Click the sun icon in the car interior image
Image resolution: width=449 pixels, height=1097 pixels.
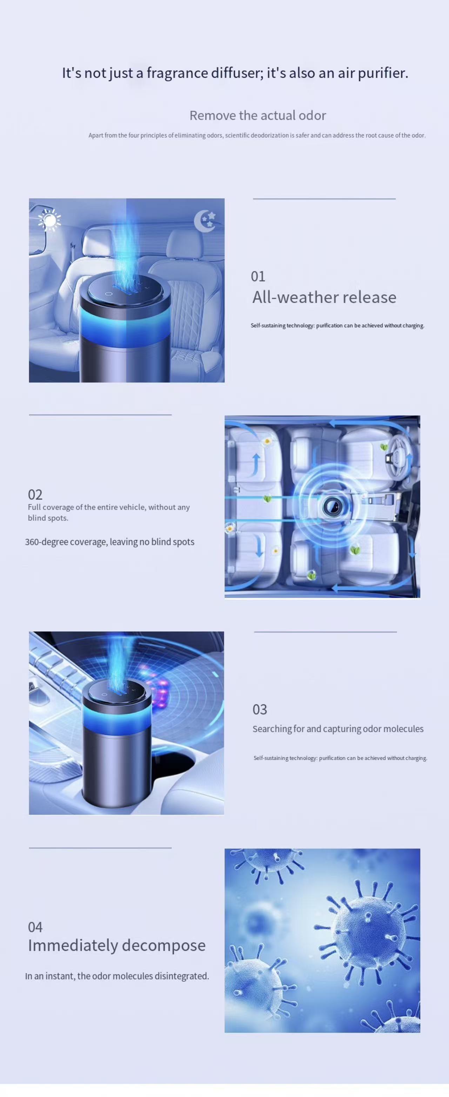(49, 220)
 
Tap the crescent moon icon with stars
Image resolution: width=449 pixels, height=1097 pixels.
(205, 221)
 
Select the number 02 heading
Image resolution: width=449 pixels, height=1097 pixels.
(35, 495)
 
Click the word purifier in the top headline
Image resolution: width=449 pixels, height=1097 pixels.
(383, 73)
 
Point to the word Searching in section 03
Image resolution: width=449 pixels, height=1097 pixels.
(272, 729)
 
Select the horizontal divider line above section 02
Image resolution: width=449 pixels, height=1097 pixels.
(100, 414)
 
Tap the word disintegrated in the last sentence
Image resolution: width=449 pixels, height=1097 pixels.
(182, 976)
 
